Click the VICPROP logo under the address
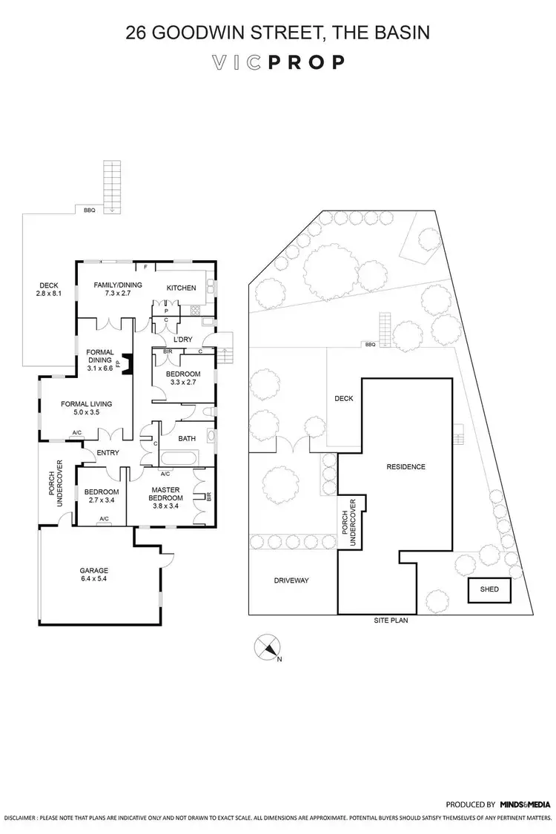[x=278, y=62]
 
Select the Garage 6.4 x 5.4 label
[x=94, y=575]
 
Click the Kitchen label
[x=181, y=288]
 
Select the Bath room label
[x=187, y=438]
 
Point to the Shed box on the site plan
[x=489, y=590]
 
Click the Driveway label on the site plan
[x=291, y=580]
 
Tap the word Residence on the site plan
[x=406, y=467]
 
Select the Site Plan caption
[x=391, y=620]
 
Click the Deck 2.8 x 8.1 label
[x=49, y=290]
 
